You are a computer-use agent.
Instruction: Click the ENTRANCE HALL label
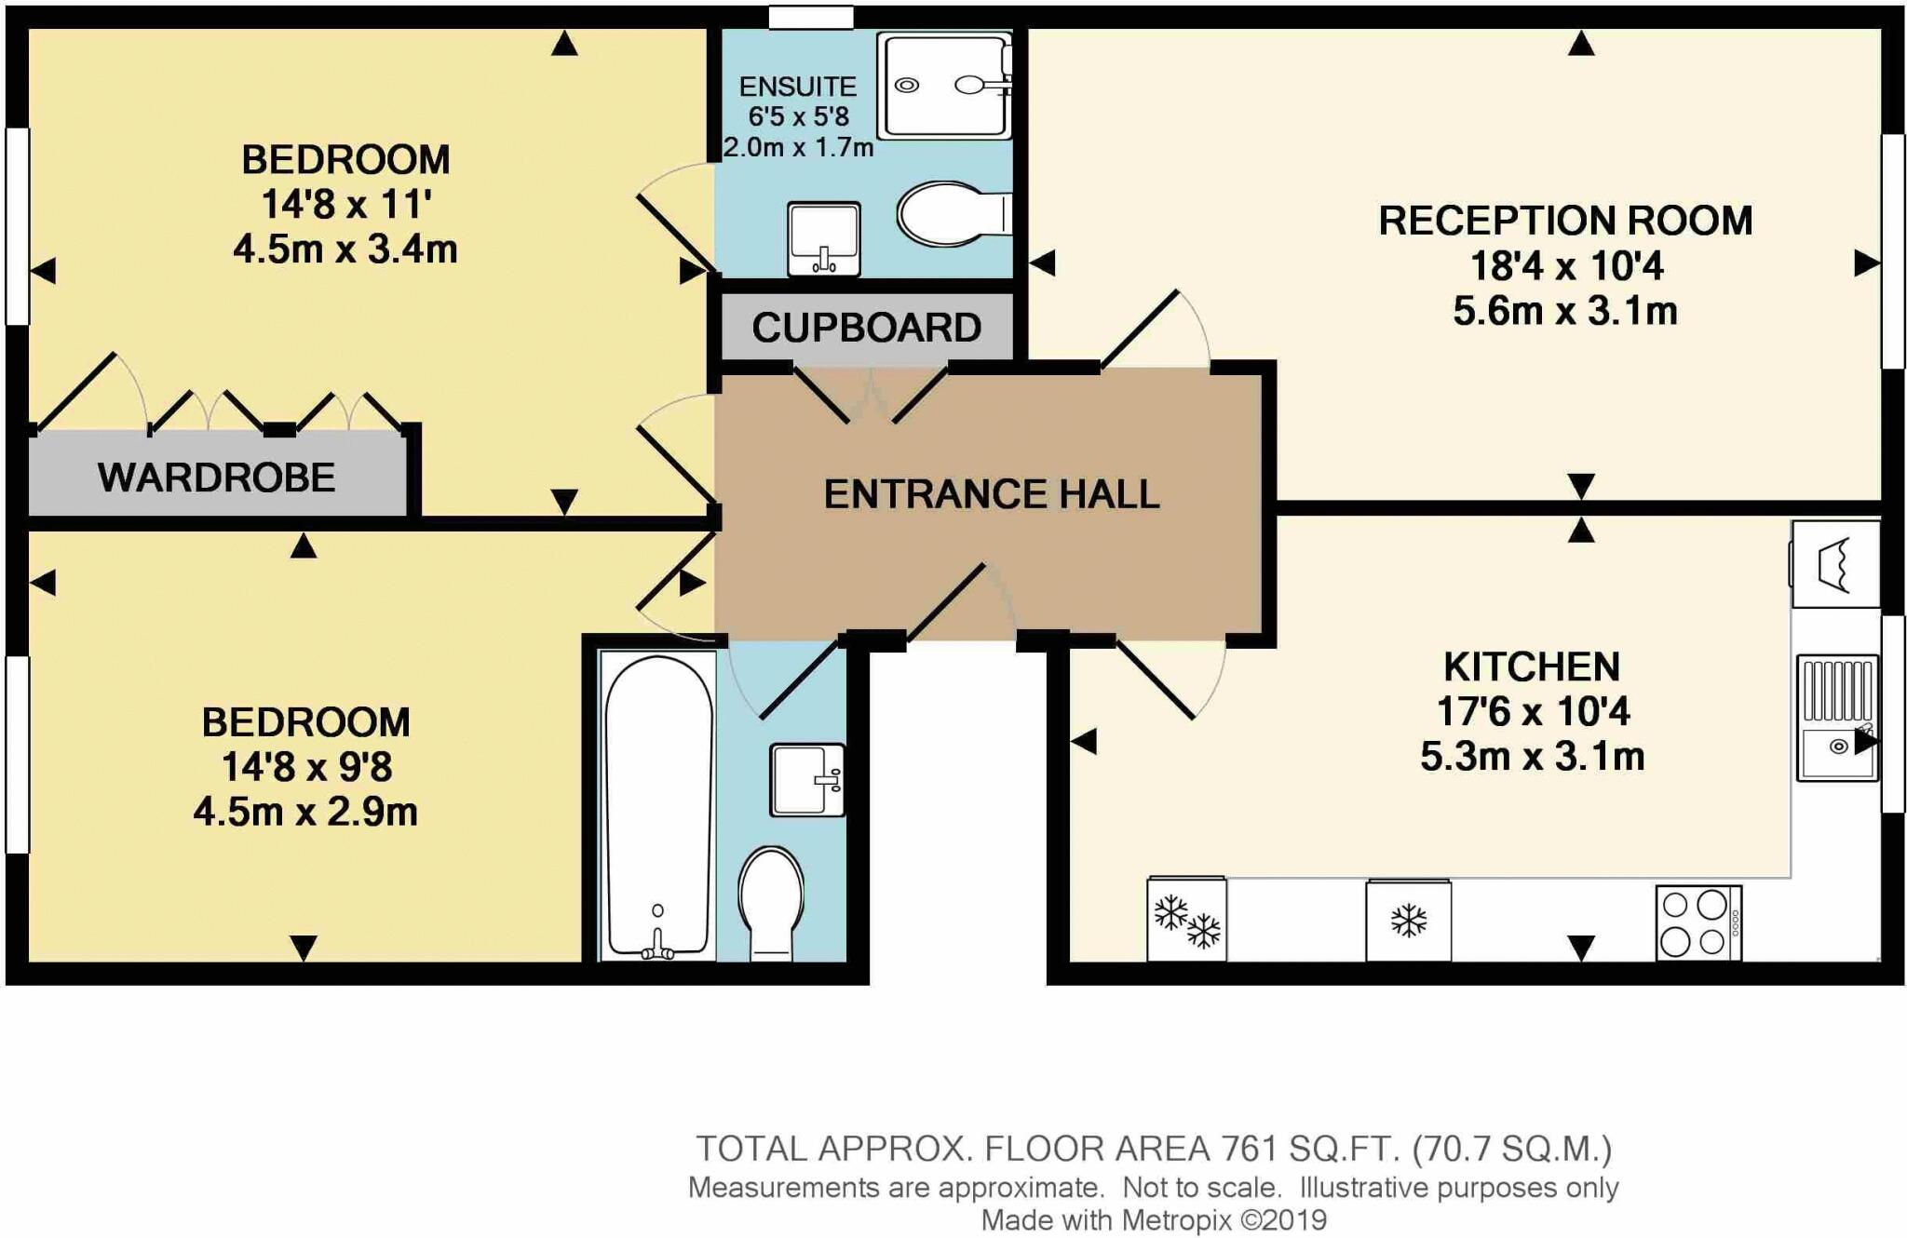pyautogui.click(x=992, y=494)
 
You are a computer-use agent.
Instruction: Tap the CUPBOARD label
pyautogui.click(x=867, y=328)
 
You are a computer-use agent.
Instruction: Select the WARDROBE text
pyautogui.click(x=217, y=478)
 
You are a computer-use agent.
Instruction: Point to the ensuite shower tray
pyautogui.click(x=945, y=86)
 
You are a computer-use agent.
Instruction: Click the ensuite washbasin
pyautogui.click(x=824, y=239)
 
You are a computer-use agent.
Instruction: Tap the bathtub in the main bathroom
pyautogui.click(x=658, y=806)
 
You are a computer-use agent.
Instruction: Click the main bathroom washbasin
pyautogui.click(x=807, y=780)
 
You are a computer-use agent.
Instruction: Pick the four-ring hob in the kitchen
pyautogui.click(x=1698, y=922)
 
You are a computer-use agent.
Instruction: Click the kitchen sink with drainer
pyautogui.click(x=1837, y=718)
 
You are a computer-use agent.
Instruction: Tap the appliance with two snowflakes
pyautogui.click(x=1187, y=919)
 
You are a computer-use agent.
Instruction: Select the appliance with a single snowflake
pyautogui.click(x=1408, y=921)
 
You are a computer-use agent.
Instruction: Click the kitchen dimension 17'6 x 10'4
pyautogui.click(x=1533, y=712)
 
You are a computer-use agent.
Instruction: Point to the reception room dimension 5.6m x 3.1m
pyautogui.click(x=1565, y=311)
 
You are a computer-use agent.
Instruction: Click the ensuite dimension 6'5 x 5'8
pyautogui.click(x=799, y=116)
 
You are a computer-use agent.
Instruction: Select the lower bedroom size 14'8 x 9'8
pyautogui.click(x=306, y=767)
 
